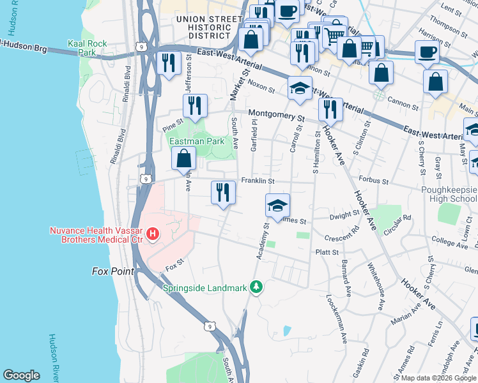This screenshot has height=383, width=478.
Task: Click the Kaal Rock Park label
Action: (88, 49)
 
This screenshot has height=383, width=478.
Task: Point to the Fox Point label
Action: (112, 271)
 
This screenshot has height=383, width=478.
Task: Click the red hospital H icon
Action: (152, 234)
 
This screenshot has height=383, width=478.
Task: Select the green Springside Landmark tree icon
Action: (256, 287)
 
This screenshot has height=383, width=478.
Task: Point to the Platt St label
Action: (327, 252)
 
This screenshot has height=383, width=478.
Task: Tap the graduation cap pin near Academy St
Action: (277, 206)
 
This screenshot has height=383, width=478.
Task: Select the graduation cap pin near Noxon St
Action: (299, 89)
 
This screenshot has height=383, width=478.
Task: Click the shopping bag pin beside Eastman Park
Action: (184, 158)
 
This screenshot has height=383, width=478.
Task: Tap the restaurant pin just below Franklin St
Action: (223, 192)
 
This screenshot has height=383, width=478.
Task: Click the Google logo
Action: (22, 375)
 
